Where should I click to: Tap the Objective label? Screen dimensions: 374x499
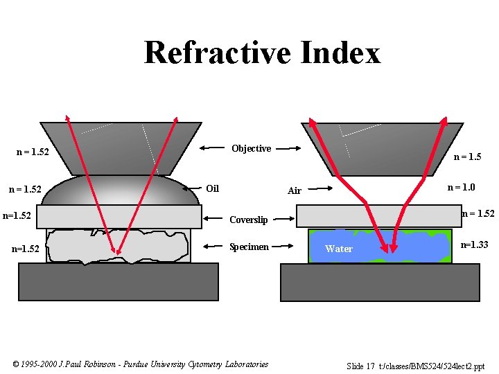tap(251, 148)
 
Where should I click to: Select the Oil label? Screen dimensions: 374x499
tap(212, 188)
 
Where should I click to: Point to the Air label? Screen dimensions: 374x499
tap(295, 190)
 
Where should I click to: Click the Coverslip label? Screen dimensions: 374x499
tap(248, 220)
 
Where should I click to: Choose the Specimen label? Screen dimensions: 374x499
tap(249, 247)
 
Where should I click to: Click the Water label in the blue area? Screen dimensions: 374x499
tap(339, 249)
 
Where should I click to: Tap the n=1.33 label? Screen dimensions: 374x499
tap(475, 244)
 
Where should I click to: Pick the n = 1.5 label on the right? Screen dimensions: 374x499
tap(467, 157)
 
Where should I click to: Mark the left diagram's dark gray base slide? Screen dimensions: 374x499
tap(119, 281)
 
